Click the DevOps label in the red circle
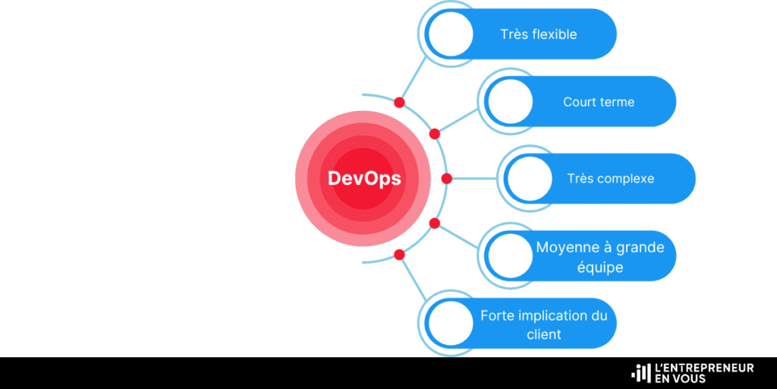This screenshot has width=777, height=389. (x=364, y=179)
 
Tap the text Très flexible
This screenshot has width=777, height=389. (x=539, y=35)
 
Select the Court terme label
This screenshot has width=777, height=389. (x=599, y=103)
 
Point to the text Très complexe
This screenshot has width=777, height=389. (x=611, y=179)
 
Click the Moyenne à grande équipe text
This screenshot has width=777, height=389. (x=600, y=257)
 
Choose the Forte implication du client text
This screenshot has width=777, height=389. (x=543, y=325)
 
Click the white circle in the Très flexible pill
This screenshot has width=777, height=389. (x=451, y=34)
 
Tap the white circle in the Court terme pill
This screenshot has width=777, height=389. (x=510, y=102)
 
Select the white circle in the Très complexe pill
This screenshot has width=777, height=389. (x=529, y=179)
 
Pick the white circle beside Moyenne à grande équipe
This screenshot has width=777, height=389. (x=510, y=255)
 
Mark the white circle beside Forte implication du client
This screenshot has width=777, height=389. (x=451, y=323)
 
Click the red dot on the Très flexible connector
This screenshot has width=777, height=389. (x=399, y=103)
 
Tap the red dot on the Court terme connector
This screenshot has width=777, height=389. (x=435, y=134)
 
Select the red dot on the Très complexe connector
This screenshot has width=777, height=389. (x=446, y=179)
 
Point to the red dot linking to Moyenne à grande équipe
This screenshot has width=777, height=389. (x=435, y=223)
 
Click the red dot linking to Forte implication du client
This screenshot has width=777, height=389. (x=399, y=255)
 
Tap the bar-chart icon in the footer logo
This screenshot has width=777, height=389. (x=641, y=373)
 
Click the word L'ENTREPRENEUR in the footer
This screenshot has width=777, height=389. (x=704, y=368)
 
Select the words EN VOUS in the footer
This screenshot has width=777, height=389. (x=680, y=378)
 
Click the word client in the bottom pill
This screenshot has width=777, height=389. (x=543, y=334)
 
